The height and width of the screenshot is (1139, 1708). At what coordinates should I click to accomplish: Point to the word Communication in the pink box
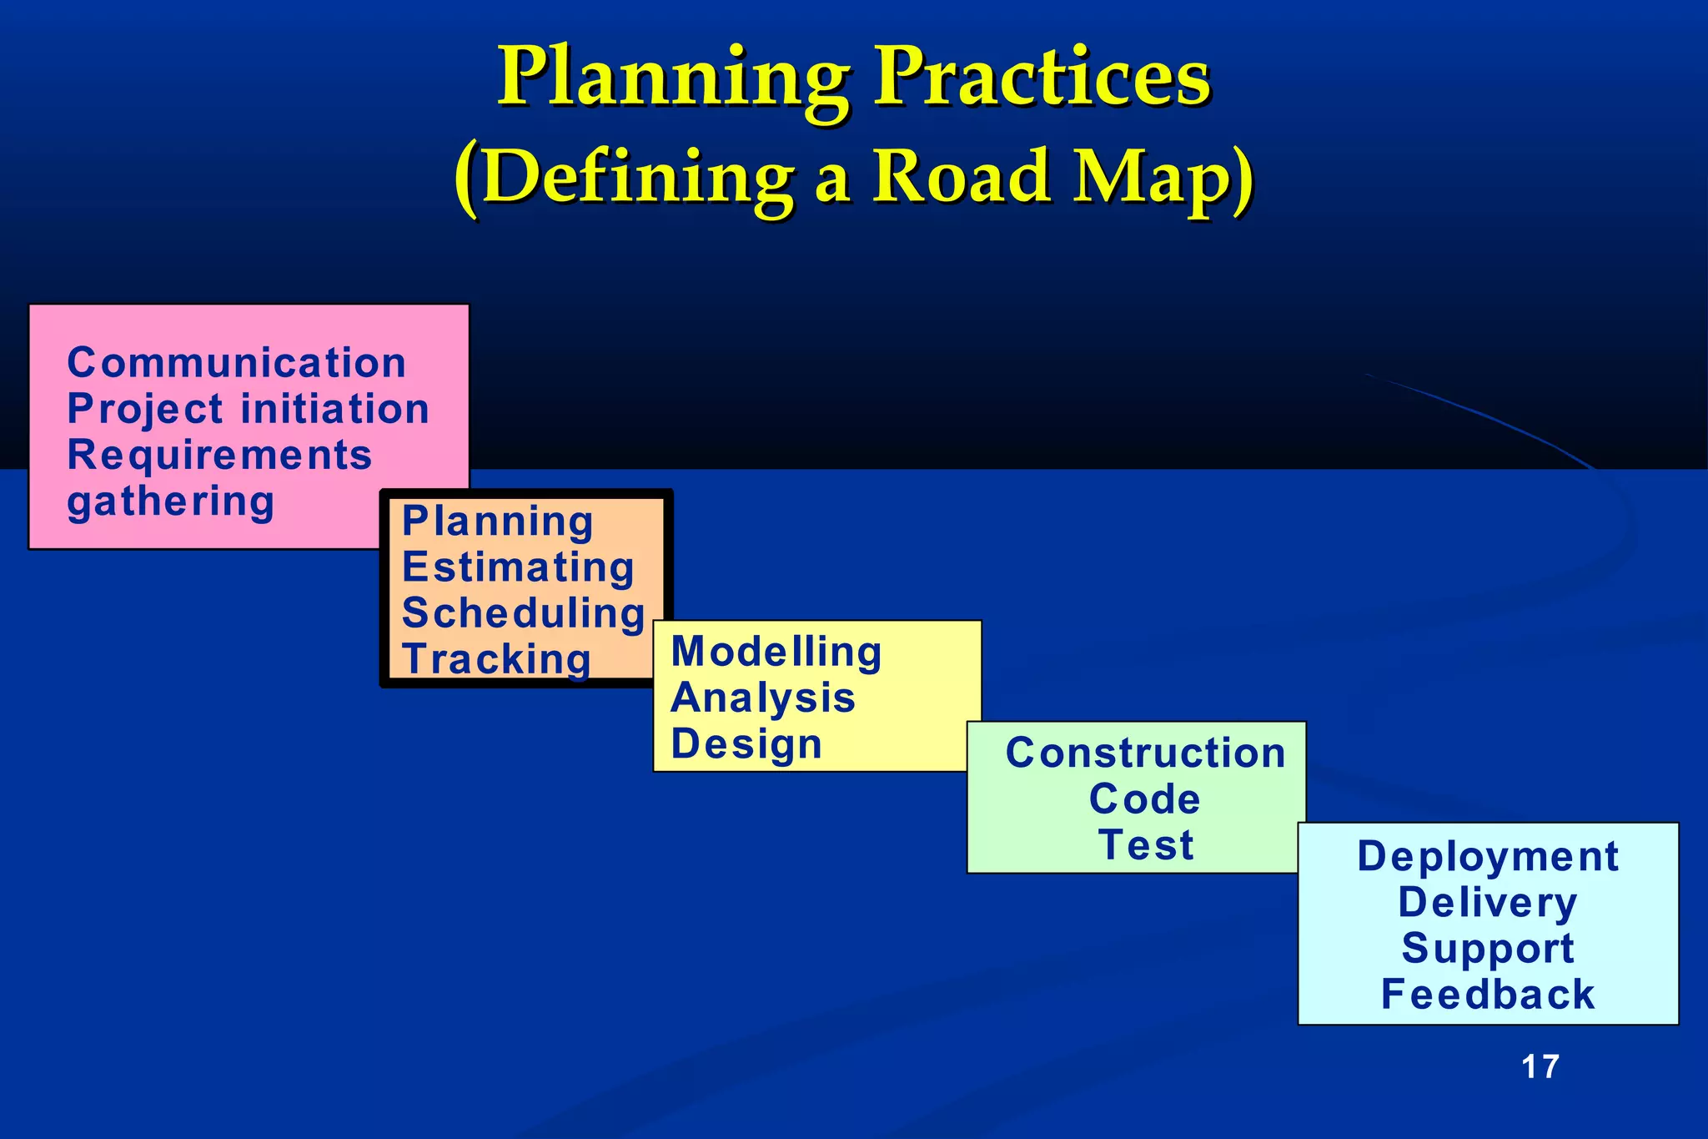tap(237, 363)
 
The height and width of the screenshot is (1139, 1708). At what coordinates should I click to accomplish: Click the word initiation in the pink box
tap(335, 409)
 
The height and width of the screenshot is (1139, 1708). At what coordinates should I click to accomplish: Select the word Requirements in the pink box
tap(219, 456)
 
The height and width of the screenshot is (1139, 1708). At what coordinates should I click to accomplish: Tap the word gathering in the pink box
tap(171, 502)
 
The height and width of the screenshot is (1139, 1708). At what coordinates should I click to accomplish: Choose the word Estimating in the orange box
tap(518, 567)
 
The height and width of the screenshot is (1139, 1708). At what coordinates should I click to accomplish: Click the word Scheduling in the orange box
tap(524, 613)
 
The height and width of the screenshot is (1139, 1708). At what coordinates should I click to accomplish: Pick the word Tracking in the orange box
tap(497, 659)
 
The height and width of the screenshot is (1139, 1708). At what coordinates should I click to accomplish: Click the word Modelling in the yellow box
tap(776, 652)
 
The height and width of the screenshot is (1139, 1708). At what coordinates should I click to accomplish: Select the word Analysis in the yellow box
tap(763, 698)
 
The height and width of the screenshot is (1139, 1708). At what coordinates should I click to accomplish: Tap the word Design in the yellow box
tap(746, 743)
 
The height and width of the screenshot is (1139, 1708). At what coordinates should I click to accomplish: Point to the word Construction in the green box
tap(1145, 753)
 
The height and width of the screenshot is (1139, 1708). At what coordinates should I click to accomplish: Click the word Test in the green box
tap(1146, 844)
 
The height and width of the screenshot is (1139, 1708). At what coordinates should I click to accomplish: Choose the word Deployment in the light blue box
tap(1488, 856)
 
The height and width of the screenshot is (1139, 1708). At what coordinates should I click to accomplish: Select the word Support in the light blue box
tap(1488, 949)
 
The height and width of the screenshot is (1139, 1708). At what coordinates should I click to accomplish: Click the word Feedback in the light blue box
tap(1488, 995)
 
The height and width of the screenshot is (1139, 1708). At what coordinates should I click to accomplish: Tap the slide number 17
tap(1540, 1066)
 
